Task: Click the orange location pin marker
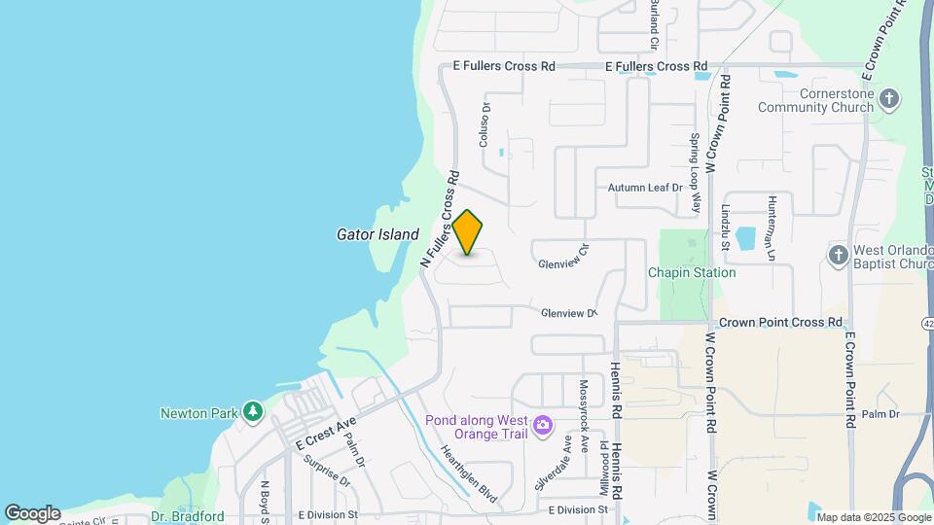click(x=468, y=232)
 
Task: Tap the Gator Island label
click(x=377, y=234)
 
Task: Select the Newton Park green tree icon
click(x=253, y=412)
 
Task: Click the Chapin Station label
click(x=692, y=273)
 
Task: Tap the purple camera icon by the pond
click(x=543, y=425)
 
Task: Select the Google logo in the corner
click(x=32, y=512)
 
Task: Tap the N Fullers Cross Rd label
click(x=440, y=221)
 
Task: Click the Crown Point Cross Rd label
click(x=780, y=322)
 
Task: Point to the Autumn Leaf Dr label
click(x=646, y=188)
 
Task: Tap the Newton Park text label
click(x=198, y=413)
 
